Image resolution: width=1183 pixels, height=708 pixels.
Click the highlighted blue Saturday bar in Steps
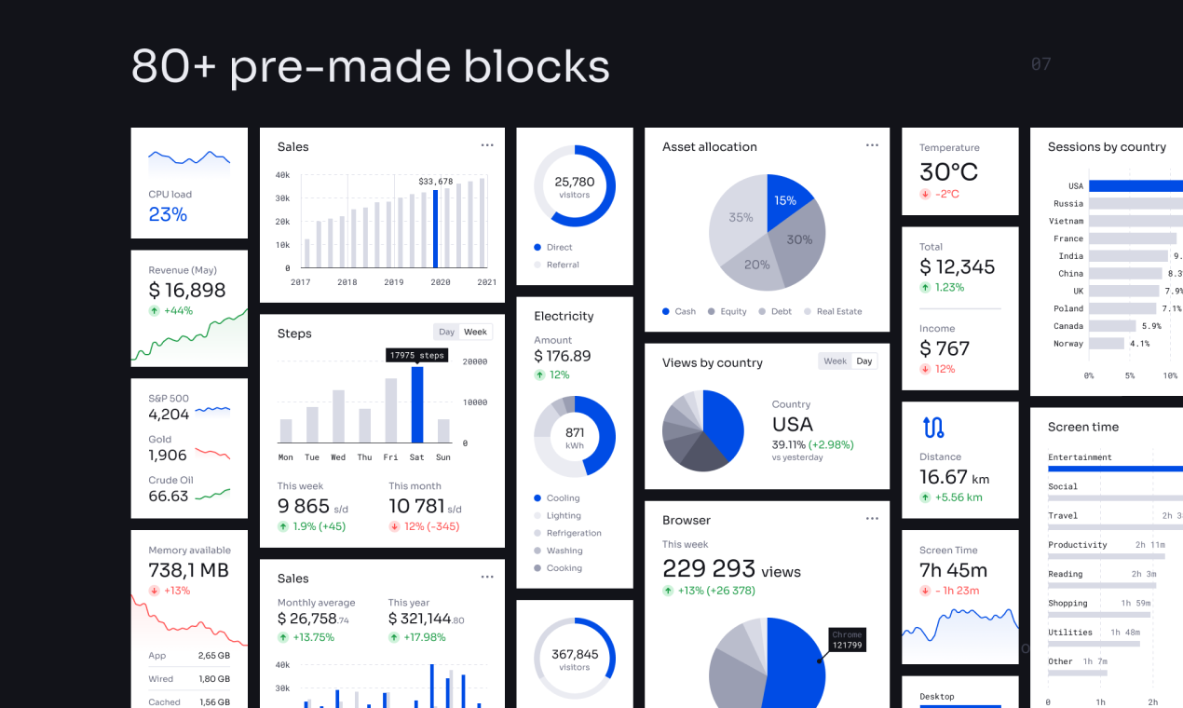pos(417,405)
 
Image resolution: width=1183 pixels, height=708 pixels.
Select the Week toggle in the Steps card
pos(475,332)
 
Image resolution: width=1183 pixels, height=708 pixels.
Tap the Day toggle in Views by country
pos(864,361)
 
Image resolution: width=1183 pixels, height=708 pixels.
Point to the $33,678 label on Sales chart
pos(435,182)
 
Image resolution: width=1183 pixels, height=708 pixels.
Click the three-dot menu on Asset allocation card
pos(872,145)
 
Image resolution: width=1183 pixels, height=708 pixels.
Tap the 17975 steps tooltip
pos(416,355)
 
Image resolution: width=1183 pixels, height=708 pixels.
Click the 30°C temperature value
pos(948,172)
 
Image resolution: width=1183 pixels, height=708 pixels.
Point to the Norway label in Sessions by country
pos(1068,344)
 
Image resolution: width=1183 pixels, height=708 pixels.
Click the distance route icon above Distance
pos(933,428)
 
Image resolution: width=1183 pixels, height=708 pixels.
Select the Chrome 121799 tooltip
pos(847,640)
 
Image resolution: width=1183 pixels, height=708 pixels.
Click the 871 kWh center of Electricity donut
pos(575,438)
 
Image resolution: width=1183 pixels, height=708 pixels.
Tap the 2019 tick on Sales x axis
pos(394,282)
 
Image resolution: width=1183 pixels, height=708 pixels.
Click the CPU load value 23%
pos(168,214)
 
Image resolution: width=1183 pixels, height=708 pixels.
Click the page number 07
pos(1040,64)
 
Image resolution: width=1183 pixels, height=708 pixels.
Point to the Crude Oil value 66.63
pos(169,496)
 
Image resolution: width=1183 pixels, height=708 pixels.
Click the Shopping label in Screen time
pos(1067,603)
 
